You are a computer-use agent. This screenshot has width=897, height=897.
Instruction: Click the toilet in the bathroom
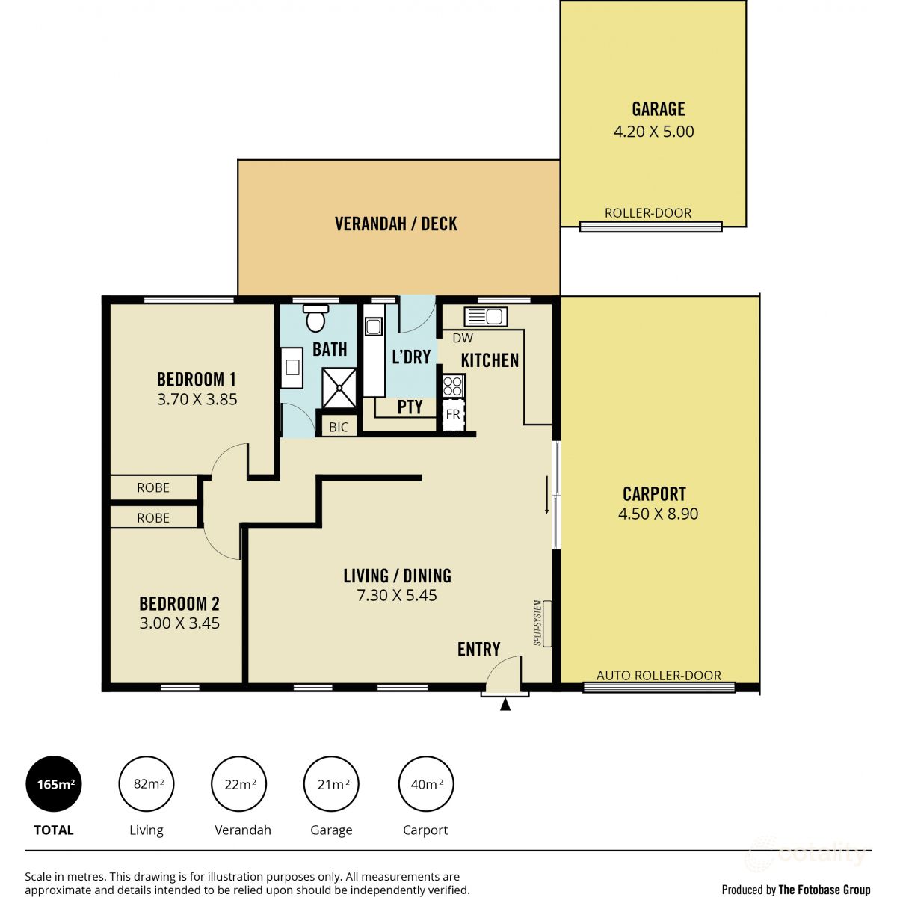pos(315,318)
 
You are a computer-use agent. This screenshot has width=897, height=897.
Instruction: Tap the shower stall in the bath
pos(339,388)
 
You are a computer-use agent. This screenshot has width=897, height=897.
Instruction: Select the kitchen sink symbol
pos(486,316)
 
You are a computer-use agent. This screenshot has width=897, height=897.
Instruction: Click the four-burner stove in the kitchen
pos(453,386)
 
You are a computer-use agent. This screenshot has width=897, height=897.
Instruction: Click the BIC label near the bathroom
pos(339,428)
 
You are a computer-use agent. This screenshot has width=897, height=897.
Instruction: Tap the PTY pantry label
pos(410,407)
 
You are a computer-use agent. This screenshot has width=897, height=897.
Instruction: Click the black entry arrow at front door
pos(505,704)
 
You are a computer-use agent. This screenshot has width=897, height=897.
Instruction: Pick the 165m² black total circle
pos(55,784)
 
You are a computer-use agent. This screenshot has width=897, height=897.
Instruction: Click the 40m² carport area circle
pos(426,784)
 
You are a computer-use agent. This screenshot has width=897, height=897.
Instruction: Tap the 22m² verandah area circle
pos(240,784)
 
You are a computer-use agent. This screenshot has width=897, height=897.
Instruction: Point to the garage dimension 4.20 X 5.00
pos(653,132)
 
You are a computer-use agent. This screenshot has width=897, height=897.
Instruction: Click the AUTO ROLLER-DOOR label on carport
pos(659,675)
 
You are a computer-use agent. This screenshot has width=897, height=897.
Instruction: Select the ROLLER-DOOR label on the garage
pos(648,213)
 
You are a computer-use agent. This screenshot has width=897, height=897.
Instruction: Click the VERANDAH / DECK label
pos(395,224)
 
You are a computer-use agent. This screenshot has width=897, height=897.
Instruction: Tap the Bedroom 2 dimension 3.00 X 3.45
pos(179,623)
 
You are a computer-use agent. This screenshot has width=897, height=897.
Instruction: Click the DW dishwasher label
pos(463,338)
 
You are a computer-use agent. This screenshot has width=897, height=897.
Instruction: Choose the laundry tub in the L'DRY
pos(373,327)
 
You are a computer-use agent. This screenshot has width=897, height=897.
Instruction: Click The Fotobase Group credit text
pos(824,890)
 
